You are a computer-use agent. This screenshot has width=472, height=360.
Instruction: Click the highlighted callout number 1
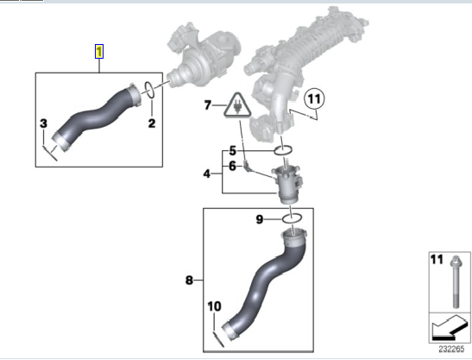coord(99,51)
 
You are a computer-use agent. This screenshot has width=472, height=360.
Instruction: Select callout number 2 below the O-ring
coord(152,123)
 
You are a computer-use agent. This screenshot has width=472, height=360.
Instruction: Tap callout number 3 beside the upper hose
coord(44,123)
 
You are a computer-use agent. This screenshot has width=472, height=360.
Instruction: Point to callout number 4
coord(206,174)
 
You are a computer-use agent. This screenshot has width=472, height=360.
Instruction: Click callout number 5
coord(232,150)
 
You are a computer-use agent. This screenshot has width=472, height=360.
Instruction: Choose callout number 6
coord(232,166)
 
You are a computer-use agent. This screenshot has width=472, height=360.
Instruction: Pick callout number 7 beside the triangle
coord(208,105)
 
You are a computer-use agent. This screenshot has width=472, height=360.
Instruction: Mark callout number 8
coord(189,281)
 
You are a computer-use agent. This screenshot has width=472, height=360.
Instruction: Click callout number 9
coord(260,219)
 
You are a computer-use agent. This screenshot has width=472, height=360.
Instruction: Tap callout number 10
coord(214,306)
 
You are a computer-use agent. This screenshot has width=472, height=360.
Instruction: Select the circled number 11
coord(315,98)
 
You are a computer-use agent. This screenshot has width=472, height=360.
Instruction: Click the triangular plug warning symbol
coord(238,105)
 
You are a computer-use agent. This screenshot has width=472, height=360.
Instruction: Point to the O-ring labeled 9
coord(292,218)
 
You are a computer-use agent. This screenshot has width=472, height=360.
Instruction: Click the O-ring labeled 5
coord(283,150)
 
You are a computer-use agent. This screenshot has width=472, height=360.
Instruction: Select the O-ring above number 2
coord(149,90)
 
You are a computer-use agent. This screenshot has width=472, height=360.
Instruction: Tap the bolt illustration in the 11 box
coord(455,281)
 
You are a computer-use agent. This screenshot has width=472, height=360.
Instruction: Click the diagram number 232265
coord(451,349)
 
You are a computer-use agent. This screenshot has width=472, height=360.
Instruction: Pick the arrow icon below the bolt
coord(450,328)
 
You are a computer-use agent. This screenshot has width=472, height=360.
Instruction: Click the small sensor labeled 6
coord(247,167)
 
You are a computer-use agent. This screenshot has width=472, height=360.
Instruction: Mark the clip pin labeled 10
coord(218,339)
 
